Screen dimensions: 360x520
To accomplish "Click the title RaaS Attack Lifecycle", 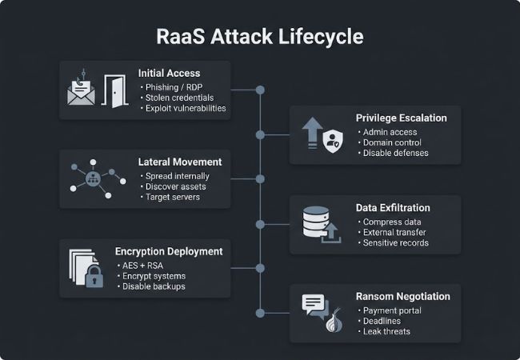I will (x=260, y=37).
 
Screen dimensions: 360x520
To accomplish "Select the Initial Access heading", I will (x=168, y=73).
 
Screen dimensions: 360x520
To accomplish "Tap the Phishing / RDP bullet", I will (x=173, y=86).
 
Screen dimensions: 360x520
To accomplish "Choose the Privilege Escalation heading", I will (x=401, y=118).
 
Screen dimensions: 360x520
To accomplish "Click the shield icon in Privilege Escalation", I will (x=332, y=141).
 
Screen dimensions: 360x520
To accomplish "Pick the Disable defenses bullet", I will (x=395, y=153).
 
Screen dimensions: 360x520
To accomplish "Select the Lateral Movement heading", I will (x=179, y=162).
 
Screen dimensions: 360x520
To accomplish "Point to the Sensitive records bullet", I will (x=395, y=242).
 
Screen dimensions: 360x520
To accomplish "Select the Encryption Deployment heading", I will (x=169, y=251).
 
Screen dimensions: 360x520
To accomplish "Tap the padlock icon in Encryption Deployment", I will (x=95, y=278).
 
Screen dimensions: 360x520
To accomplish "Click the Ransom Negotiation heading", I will (x=402, y=296).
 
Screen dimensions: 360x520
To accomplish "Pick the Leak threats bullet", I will (x=386, y=331).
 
